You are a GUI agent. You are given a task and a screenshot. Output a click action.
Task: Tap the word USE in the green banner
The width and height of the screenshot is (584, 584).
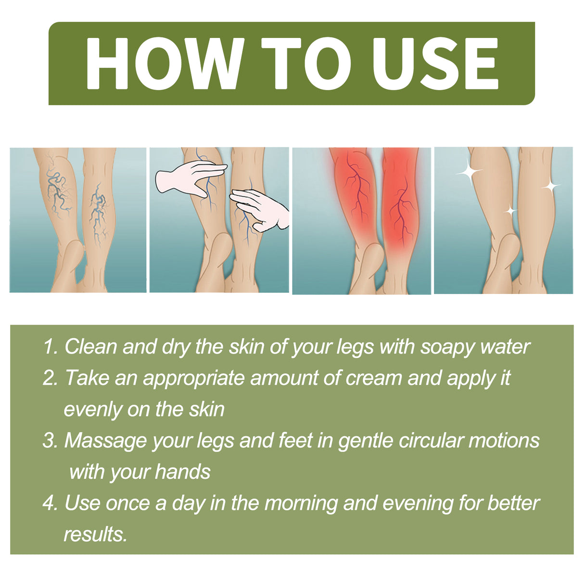[435, 63]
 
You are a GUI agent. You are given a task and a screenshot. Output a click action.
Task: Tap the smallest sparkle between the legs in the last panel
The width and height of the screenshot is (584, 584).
[510, 211]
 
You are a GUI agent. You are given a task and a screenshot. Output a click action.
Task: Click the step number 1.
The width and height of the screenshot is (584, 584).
[50, 347]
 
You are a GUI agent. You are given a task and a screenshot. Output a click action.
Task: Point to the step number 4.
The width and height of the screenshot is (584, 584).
[50, 503]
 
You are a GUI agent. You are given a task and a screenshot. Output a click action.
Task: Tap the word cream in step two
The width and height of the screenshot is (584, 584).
[374, 378]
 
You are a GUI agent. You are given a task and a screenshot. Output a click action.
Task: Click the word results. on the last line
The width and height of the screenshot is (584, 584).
[95, 534]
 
